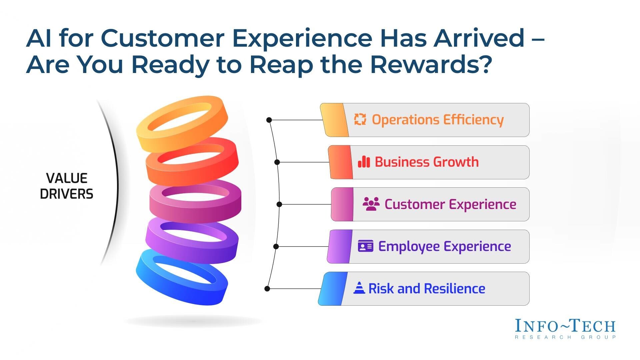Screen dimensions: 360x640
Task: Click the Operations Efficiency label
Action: (437, 120)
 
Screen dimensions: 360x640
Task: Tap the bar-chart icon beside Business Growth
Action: (364, 162)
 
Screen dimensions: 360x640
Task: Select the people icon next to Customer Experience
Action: (371, 204)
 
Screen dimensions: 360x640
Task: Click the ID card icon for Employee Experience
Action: (365, 246)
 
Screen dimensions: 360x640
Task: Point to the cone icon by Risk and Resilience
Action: (359, 288)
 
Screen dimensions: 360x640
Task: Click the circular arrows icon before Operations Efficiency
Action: (360, 119)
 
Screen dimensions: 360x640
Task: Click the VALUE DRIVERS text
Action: (67, 186)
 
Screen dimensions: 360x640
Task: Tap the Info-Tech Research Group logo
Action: (565, 329)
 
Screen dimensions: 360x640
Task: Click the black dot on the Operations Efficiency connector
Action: (269, 120)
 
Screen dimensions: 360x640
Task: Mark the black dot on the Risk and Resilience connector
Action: (267, 289)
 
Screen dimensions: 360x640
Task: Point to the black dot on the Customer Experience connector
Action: (279, 204)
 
